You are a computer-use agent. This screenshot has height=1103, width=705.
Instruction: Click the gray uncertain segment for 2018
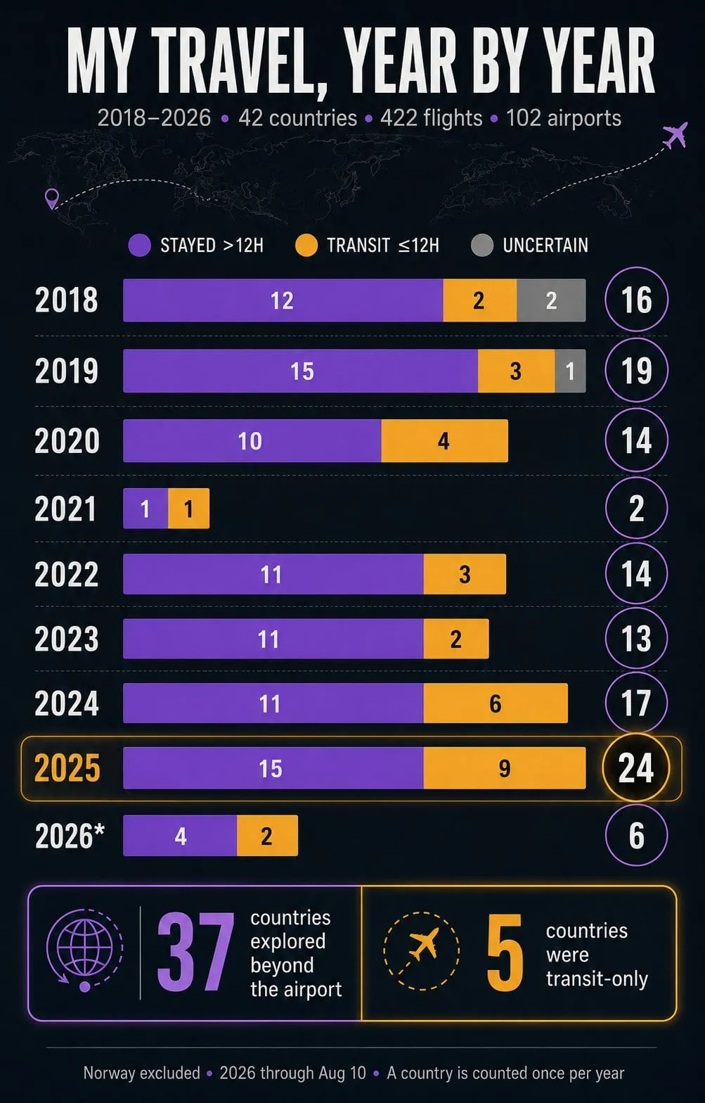tap(551, 300)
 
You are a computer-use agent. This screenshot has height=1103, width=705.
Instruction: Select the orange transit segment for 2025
tap(504, 767)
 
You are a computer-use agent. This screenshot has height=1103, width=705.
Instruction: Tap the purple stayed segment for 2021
tap(145, 509)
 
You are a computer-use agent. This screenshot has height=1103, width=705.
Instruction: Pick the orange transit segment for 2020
tap(444, 440)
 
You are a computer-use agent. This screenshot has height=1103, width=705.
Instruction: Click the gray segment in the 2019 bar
tap(570, 371)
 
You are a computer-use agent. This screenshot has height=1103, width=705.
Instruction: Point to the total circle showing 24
tap(636, 767)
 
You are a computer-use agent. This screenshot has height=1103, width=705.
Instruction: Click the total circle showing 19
tap(636, 370)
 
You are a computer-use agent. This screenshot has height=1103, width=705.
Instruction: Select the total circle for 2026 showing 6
tap(636, 835)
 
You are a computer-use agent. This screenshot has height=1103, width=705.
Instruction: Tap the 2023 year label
tap(66, 639)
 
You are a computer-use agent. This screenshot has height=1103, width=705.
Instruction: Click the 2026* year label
tap(70, 836)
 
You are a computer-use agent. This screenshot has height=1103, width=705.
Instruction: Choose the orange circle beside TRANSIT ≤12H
tap(306, 246)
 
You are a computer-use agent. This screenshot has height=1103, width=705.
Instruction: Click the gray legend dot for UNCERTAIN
tap(482, 246)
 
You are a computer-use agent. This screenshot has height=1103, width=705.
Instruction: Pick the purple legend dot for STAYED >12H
tap(139, 246)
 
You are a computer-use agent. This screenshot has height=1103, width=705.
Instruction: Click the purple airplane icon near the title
tap(675, 135)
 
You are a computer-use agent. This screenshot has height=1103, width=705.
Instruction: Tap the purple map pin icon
tap(51, 199)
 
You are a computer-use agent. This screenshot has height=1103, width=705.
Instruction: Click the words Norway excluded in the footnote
tap(142, 1073)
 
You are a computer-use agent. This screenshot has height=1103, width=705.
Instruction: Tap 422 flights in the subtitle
tap(431, 118)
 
